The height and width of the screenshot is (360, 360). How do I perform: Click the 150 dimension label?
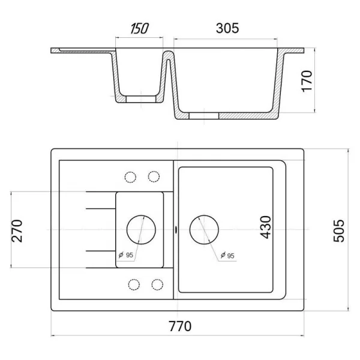[139, 28]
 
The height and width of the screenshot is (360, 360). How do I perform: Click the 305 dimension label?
[227, 28]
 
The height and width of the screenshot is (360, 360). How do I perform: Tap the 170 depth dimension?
[307, 81]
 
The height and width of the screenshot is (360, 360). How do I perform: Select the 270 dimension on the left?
[17, 231]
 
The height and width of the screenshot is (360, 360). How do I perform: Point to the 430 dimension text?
[266, 227]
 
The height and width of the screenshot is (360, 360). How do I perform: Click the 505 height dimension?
[339, 231]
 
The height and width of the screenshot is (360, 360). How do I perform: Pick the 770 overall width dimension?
[180, 326]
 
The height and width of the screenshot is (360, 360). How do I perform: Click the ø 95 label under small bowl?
[126, 255]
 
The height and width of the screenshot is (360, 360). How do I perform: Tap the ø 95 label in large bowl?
[227, 256]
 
